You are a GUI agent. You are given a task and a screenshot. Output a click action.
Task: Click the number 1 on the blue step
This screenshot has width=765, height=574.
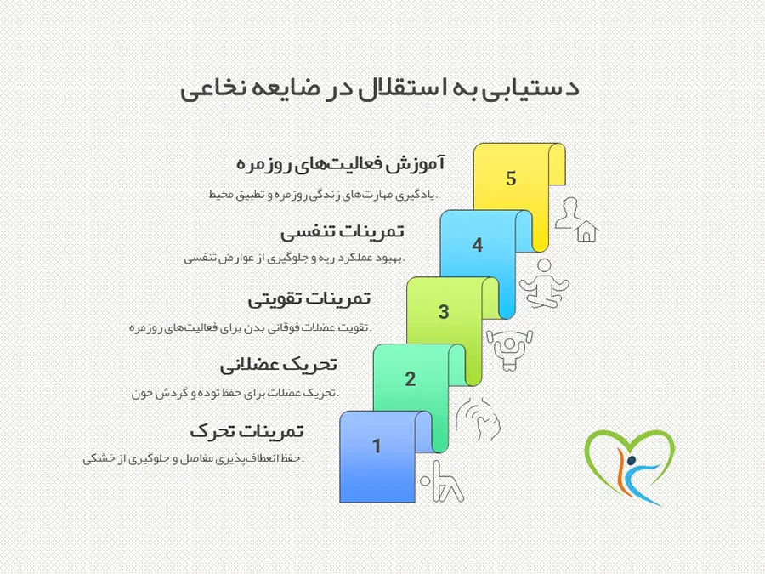pyautogui.click(x=376, y=446)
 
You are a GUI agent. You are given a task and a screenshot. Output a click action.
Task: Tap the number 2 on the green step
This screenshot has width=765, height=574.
pyautogui.click(x=410, y=379)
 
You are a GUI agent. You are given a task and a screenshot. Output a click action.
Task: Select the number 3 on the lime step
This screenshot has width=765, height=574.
pyautogui.click(x=443, y=312)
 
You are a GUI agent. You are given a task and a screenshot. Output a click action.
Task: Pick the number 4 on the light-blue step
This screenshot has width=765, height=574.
pyautogui.click(x=477, y=246)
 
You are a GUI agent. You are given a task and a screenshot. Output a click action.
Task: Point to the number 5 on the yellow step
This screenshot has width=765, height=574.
pyautogui.click(x=511, y=179)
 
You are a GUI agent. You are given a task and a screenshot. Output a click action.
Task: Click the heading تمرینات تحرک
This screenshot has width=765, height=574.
pyautogui.click(x=247, y=431)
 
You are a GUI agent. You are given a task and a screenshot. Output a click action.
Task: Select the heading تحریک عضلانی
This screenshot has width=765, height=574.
pyautogui.click(x=279, y=365)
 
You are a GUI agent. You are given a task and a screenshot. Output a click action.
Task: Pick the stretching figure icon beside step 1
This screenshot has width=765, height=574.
pyautogui.click(x=444, y=481)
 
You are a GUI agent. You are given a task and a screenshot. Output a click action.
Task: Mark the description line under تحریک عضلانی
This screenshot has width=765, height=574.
pyautogui.click(x=235, y=393)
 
